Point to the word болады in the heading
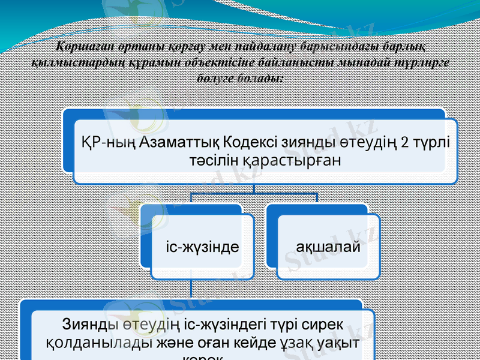click(262, 78)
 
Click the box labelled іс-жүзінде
click(202, 246)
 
